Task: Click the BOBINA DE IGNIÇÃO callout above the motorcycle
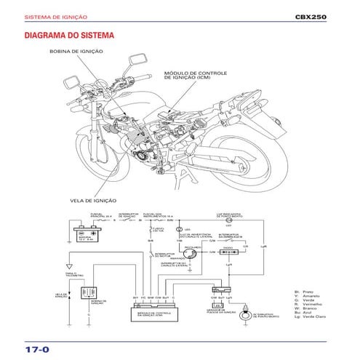[x=76, y=52]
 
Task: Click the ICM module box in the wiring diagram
[x=156, y=313]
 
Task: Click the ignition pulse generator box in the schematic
[x=217, y=306]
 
